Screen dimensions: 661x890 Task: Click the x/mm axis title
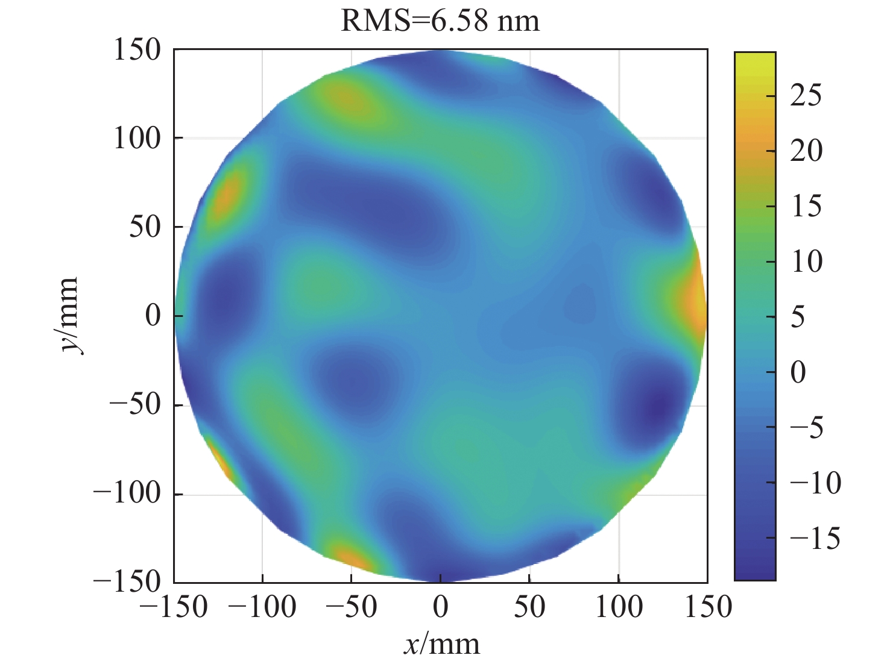[x=441, y=645]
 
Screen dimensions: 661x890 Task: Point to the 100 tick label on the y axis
[x=137, y=138]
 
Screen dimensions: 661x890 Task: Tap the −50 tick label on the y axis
[x=135, y=404]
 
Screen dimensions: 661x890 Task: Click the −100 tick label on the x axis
[x=262, y=607]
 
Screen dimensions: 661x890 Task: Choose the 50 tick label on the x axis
[x=529, y=607]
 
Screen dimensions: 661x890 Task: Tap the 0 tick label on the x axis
[x=441, y=607]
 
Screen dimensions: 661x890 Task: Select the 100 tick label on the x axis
[x=619, y=607]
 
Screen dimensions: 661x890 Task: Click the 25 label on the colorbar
[x=806, y=95]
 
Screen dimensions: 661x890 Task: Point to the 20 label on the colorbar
[x=806, y=151]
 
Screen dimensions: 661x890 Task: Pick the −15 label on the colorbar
[x=814, y=537]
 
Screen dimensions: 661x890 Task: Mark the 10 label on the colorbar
[x=806, y=262]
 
